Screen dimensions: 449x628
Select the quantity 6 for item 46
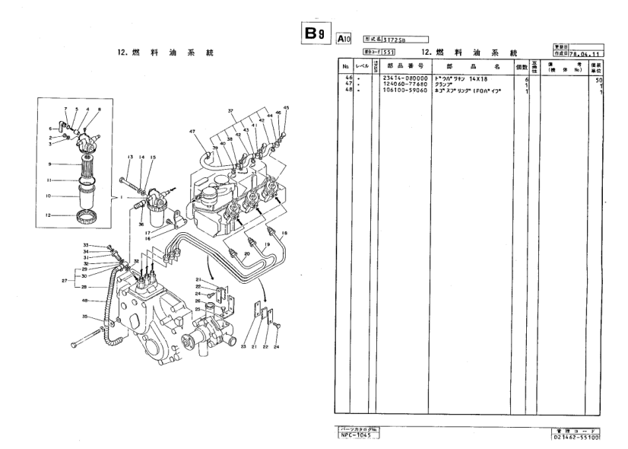526,79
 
